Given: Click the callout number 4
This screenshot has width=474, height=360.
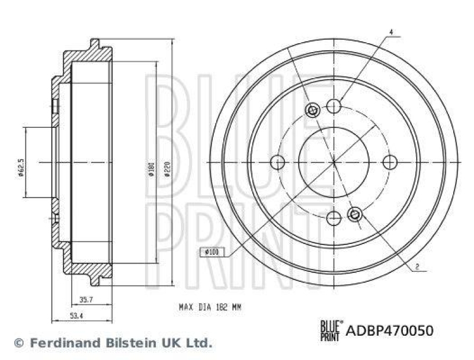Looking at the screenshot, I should coord(391,31).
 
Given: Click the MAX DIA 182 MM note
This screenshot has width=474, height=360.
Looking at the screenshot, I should coord(210,307).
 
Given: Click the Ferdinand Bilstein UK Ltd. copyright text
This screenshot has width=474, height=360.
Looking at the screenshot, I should coord(118,342).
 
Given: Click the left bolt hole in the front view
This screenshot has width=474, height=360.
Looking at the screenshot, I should coord(277,162).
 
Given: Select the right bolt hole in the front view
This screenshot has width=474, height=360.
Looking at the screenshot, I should coord(389,162).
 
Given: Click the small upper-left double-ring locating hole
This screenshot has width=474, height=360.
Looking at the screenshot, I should coord(313,110).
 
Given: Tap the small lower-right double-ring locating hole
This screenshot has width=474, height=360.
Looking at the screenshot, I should coord(355,214).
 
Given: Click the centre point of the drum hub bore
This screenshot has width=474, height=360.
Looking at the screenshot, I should coord(334,162).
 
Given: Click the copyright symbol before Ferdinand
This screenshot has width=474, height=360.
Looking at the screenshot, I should coord(18,343).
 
